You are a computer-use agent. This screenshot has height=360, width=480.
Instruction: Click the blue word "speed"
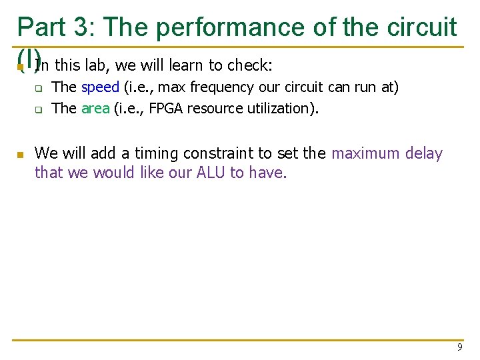click(100, 87)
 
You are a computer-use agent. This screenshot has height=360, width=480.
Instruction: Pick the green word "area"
click(95, 108)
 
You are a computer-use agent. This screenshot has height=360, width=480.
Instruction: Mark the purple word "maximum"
click(367, 153)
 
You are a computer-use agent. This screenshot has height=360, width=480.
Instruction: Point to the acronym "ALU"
click(211, 173)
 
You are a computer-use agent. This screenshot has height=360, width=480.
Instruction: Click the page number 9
click(460, 347)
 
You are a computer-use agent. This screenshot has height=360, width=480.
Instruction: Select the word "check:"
click(251, 65)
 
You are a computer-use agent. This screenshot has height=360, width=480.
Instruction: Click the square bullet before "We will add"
click(21, 155)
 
